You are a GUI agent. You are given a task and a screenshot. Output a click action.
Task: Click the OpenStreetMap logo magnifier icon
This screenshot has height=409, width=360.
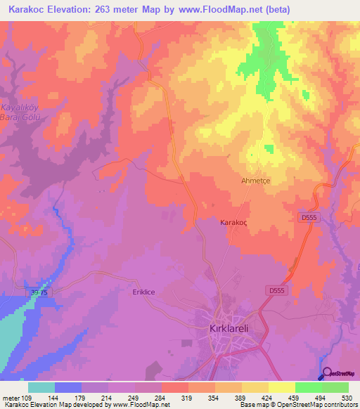[326, 374]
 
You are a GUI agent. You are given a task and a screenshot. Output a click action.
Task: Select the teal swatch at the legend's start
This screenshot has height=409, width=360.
[41, 387]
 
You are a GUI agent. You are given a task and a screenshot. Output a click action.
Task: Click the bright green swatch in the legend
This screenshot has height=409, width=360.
[309, 387]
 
